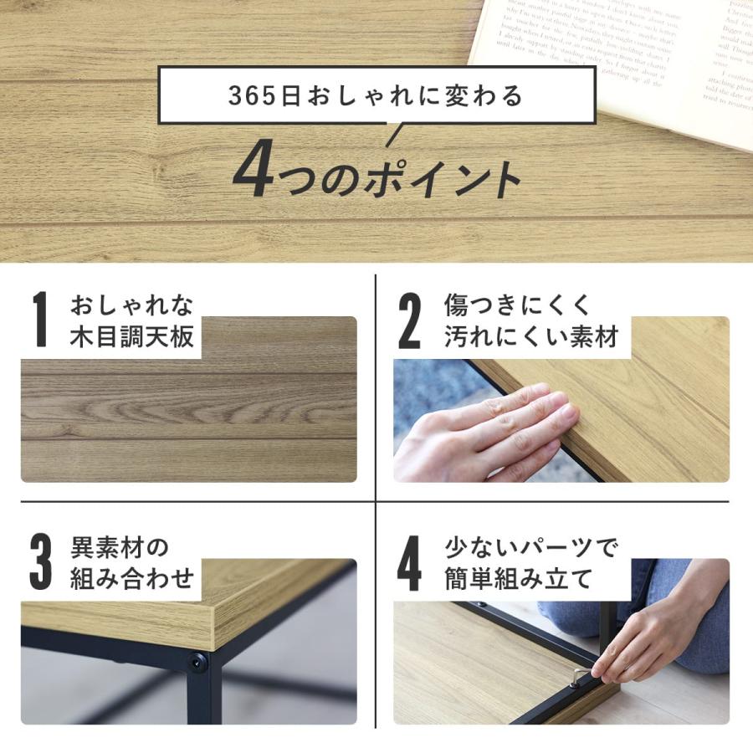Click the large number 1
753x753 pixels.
(39, 320)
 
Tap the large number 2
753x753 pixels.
(409, 320)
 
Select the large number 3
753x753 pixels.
(40, 564)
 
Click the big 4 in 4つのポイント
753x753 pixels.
(249, 174)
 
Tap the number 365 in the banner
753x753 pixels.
(252, 95)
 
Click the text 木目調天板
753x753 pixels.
(132, 336)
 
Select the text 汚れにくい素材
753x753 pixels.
(530, 336)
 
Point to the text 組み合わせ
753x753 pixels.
(132, 577)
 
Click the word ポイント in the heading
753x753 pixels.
(440, 177)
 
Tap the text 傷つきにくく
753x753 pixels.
(516, 305)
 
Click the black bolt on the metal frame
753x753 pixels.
(198, 664)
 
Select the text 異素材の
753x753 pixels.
(120, 548)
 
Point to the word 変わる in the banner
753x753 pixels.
(478, 95)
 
